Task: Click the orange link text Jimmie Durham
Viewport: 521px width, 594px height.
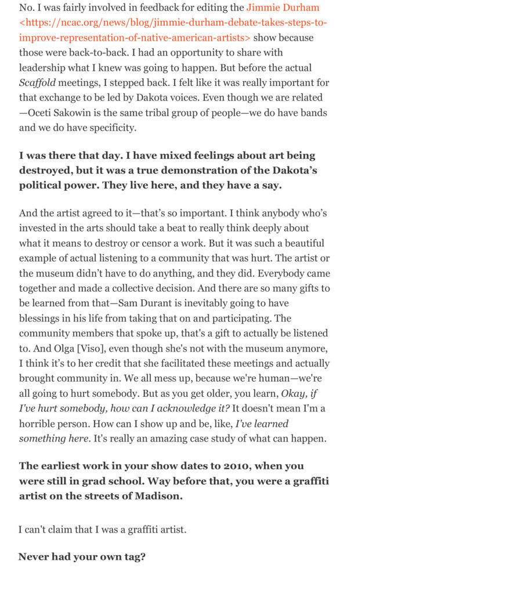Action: pyautogui.click(x=283, y=8)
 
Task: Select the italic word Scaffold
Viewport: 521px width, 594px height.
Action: pyautogui.click(x=37, y=83)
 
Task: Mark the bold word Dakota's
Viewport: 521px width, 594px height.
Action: pyautogui.click(x=294, y=171)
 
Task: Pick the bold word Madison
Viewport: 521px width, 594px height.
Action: pyautogui.click(x=161, y=496)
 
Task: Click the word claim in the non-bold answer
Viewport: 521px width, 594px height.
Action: pyautogui.click(x=59, y=530)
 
